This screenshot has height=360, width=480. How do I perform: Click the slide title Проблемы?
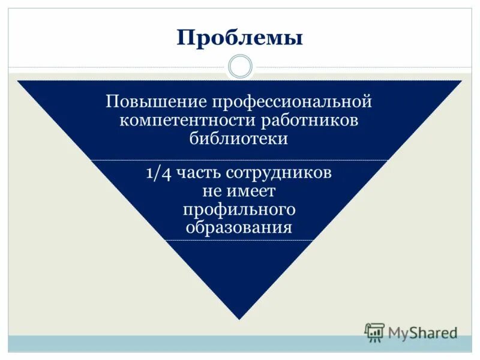239,39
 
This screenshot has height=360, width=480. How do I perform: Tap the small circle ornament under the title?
240,67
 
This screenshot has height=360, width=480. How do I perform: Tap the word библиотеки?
239,139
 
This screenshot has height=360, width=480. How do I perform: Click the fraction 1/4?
158,173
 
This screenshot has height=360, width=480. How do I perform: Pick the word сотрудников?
279,174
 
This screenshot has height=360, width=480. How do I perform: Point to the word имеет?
251,192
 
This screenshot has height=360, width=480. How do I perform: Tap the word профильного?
239,211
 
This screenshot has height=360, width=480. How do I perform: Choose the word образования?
239,229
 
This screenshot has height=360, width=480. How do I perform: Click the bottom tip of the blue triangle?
239,317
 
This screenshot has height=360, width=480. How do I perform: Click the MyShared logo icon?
374,332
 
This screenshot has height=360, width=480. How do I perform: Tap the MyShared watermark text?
422,332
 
